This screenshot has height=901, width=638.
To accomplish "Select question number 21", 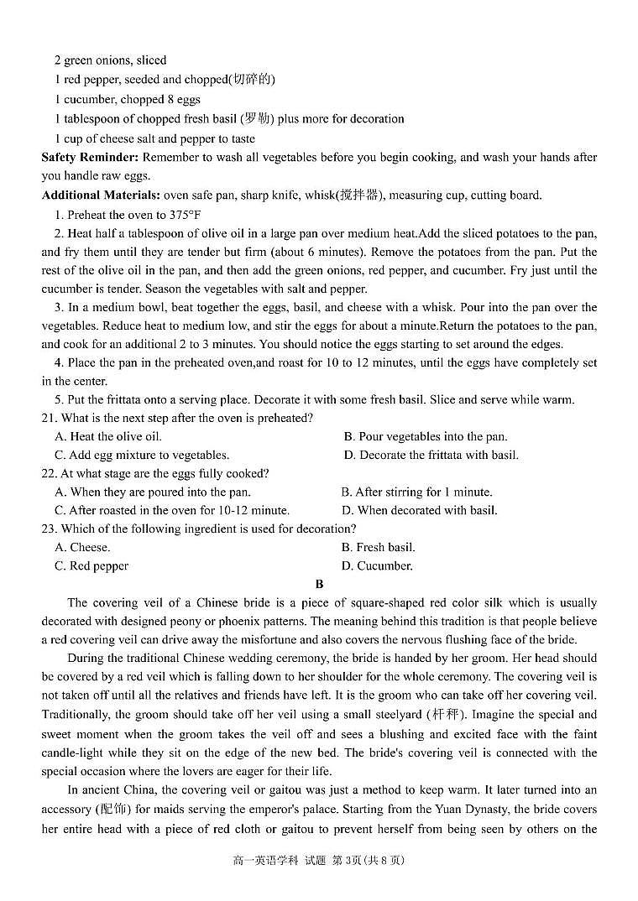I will click(x=49, y=418).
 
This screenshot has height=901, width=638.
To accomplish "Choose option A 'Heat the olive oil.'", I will click(x=108, y=436).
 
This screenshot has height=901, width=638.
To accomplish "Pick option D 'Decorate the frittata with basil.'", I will click(x=431, y=455).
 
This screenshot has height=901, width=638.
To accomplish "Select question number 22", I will click(x=49, y=473).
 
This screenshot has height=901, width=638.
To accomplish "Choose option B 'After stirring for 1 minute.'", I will click(x=416, y=492).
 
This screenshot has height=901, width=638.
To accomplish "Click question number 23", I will click(x=49, y=529).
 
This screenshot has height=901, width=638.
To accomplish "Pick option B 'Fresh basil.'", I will click(x=378, y=547).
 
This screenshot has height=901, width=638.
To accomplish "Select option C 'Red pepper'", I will click(x=92, y=565).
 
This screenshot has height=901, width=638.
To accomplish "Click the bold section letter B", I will click(x=319, y=584).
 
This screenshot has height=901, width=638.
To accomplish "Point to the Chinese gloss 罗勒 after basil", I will click(x=256, y=119).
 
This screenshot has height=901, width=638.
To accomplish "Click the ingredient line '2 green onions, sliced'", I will click(x=110, y=60).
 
